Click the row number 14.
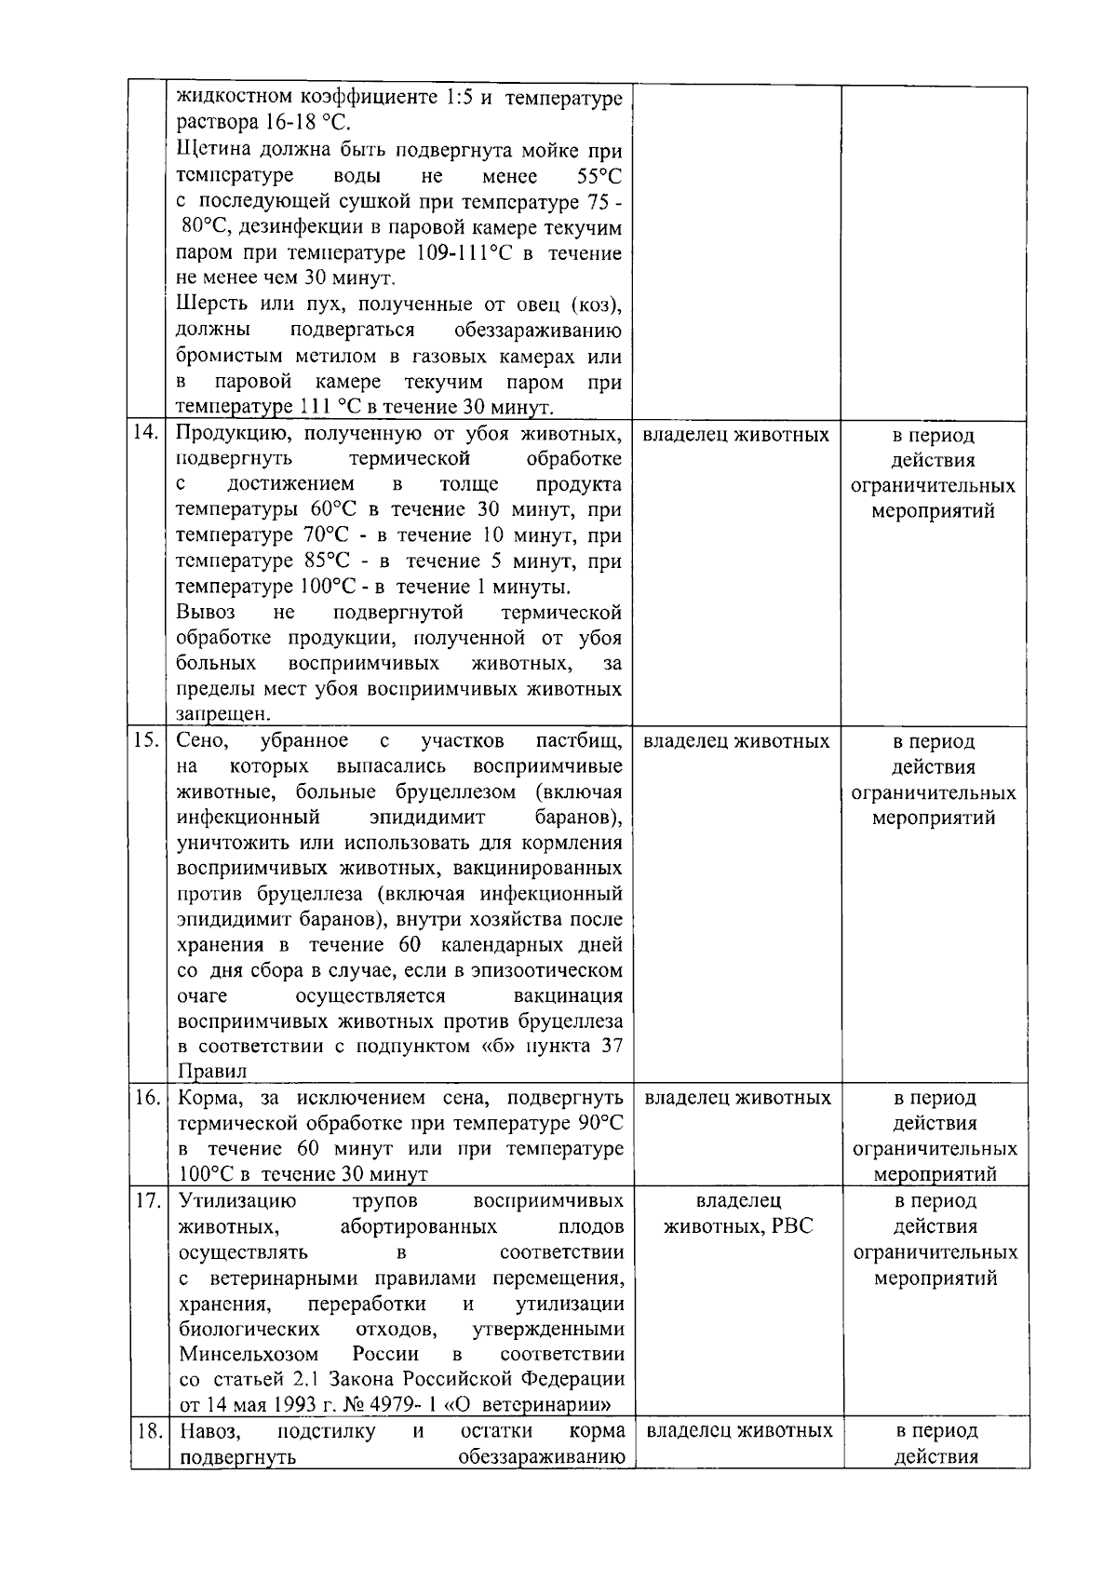point(147,434)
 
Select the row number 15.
point(147,741)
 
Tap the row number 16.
point(147,1098)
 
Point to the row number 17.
point(147,1200)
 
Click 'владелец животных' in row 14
point(735,435)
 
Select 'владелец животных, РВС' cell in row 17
point(738,1213)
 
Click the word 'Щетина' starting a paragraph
point(209,151)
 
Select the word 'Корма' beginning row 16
point(203,1098)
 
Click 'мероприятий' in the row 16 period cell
point(934,1174)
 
